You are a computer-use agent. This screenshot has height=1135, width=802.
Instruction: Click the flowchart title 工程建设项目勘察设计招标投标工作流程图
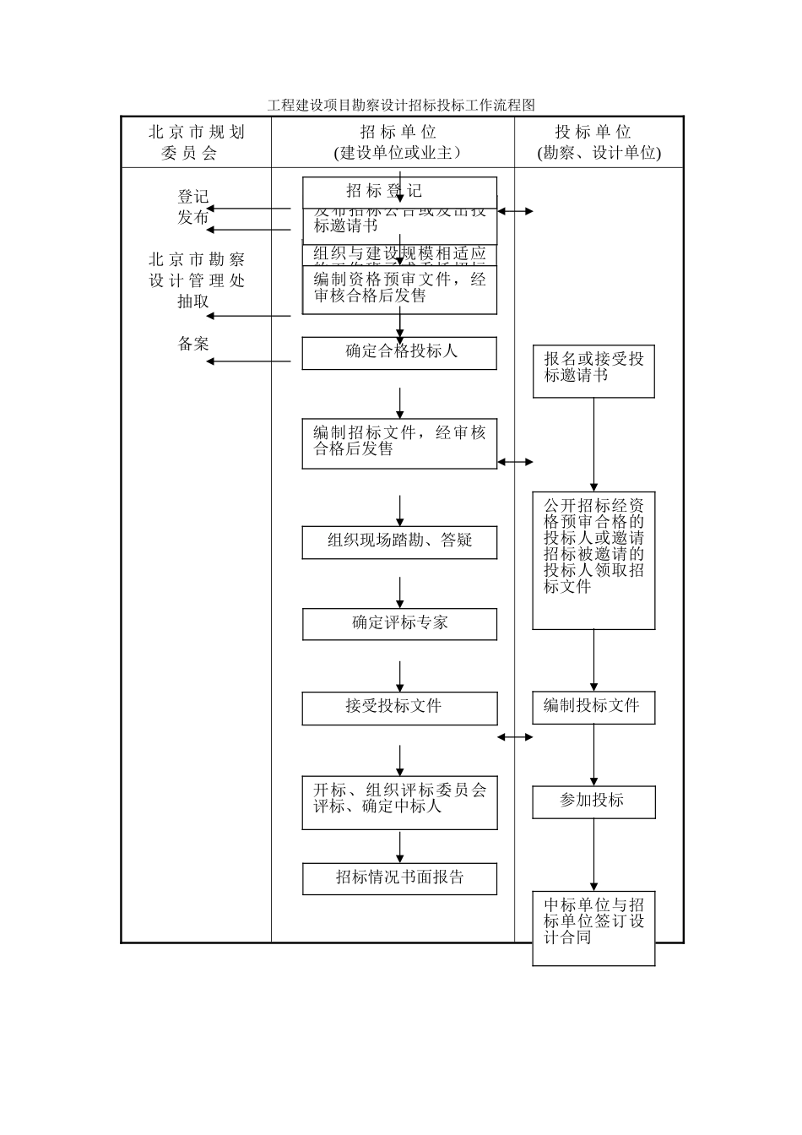[x=401, y=106]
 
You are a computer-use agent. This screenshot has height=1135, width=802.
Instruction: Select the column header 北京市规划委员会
[x=196, y=142]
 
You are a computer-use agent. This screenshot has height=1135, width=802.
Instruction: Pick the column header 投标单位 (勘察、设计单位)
[x=599, y=142]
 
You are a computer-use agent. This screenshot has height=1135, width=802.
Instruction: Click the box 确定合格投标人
[x=399, y=353]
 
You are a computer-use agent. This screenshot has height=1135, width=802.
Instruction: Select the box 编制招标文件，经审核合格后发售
[x=399, y=443]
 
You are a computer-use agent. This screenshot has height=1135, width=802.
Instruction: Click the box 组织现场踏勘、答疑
[x=399, y=542]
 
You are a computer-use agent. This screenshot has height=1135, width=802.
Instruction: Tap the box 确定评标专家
[x=399, y=624]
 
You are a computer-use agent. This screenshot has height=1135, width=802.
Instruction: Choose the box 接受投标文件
[x=399, y=708]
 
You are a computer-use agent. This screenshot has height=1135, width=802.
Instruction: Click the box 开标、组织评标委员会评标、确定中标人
[x=399, y=801]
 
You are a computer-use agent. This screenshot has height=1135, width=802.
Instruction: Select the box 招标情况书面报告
[x=399, y=878]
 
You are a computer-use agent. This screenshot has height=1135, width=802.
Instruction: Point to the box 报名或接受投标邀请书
[x=593, y=371]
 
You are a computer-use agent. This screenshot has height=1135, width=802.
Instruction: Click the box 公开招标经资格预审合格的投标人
[x=593, y=560]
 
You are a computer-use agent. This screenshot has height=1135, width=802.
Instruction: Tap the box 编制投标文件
[x=593, y=708]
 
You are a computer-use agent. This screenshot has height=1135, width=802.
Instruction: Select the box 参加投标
[x=593, y=801]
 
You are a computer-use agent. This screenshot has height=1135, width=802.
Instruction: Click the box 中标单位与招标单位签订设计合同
[x=593, y=927]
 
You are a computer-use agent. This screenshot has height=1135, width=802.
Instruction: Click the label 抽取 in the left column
[x=193, y=302]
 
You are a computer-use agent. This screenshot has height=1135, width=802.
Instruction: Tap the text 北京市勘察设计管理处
[x=196, y=270]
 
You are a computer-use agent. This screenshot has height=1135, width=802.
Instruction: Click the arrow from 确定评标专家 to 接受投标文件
[x=400, y=676]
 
